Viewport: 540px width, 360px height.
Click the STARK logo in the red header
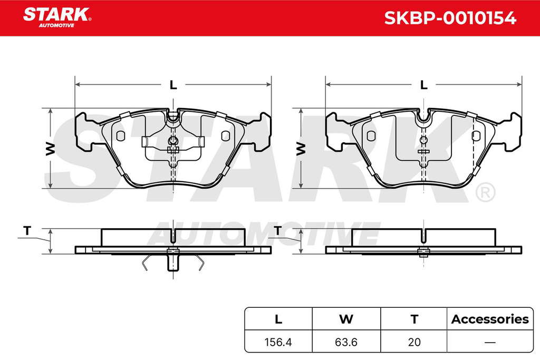tap(57, 17)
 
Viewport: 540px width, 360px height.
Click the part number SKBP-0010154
tap(450, 18)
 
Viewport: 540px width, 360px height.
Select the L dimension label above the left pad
tap(173, 85)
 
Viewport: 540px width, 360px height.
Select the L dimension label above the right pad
tap(424, 85)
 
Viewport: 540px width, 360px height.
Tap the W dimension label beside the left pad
tap(51, 148)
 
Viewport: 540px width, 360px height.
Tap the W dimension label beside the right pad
tap(301, 148)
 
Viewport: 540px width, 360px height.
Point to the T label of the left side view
tap(27, 230)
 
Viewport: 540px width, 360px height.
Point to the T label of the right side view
tap(277, 230)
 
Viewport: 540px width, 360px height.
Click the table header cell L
tap(278, 319)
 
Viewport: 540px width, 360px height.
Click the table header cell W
tap(346, 319)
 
